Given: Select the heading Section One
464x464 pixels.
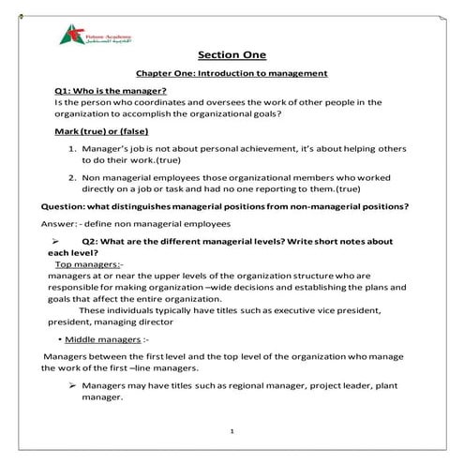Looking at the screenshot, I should point(232,54).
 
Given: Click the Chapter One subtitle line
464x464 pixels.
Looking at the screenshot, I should point(232,73).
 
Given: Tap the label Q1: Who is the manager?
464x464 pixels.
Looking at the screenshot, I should point(104,90).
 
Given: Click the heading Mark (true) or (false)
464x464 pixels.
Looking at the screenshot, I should point(101,131).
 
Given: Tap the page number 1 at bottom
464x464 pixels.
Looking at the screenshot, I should point(232,433).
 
